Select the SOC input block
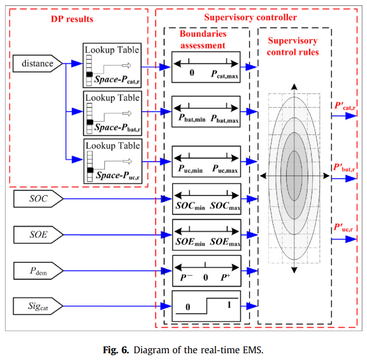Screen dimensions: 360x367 (x=36, y=198)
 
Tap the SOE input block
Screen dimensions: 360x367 (x=36, y=235)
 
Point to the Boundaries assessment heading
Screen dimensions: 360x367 (x=202, y=40)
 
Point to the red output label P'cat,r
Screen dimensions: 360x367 (x=344, y=109)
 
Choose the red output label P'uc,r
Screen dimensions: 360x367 (x=344, y=228)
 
